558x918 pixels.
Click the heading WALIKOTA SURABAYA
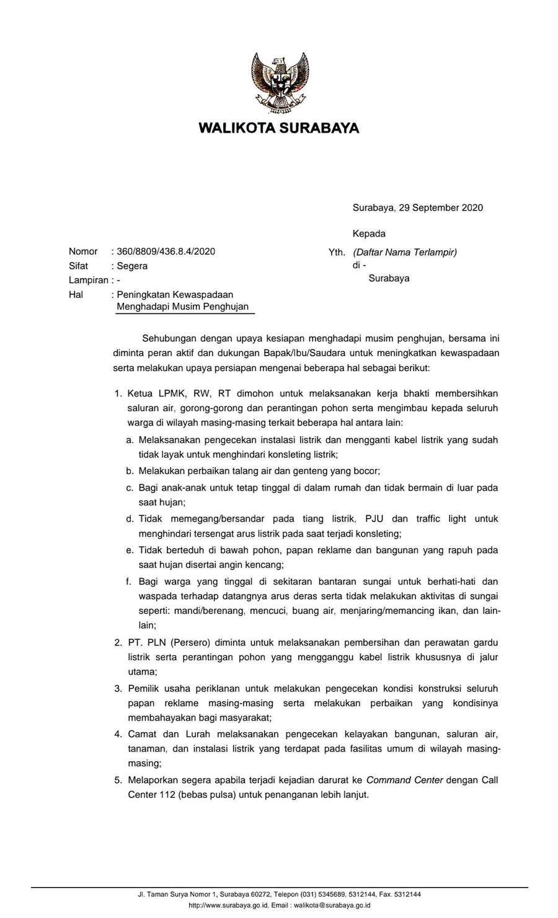[279, 128]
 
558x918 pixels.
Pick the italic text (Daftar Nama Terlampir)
[405, 252]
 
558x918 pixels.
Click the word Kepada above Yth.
[369, 234]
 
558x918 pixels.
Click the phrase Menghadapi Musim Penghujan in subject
[182, 307]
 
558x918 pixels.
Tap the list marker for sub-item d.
[130, 518]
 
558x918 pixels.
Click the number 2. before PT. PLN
[118, 642]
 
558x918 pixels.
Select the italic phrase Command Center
[404, 780]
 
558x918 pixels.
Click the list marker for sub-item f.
[129, 581]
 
